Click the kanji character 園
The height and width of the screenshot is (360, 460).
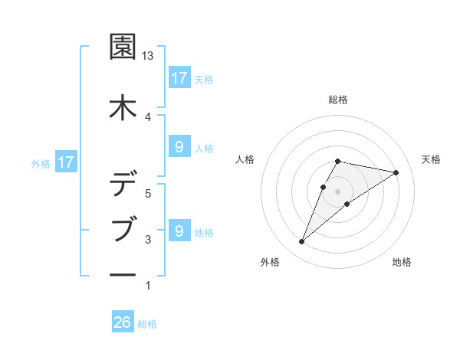[123, 47]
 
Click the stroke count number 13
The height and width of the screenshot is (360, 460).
[148, 56]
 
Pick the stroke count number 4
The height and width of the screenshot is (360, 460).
[148, 116]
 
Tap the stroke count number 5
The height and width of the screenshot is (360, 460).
[148, 194]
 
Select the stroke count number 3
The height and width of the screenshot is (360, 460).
[148, 240]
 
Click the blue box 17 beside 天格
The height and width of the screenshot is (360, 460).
[179, 78]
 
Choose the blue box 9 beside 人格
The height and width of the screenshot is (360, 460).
[179, 147]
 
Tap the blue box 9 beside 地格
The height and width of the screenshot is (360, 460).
[179, 231]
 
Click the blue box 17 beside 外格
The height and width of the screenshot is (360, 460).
[65, 162]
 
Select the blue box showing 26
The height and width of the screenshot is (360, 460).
[123, 322]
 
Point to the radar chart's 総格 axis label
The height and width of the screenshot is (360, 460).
[337, 100]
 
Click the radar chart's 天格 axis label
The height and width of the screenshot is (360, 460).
[432, 159]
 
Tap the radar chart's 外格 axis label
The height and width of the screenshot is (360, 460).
[269, 262]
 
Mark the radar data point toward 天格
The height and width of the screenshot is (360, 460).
[396, 172]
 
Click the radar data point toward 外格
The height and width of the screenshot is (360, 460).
[301, 242]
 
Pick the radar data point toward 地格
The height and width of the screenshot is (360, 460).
[347, 203]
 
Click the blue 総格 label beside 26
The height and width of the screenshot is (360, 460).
[148, 323]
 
